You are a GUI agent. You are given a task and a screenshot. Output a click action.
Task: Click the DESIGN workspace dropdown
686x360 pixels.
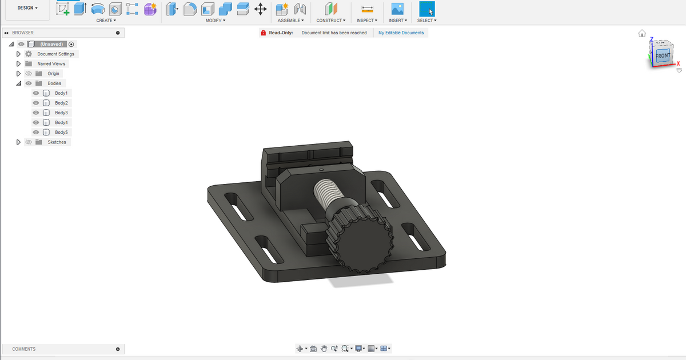[27, 8]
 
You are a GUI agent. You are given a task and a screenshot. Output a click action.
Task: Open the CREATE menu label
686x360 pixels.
[106, 21]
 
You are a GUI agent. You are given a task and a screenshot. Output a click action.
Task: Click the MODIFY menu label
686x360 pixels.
[216, 21]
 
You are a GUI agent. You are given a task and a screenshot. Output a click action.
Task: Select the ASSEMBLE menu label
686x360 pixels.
[290, 21]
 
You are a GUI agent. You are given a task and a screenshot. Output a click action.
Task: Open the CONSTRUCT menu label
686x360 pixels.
[330, 21]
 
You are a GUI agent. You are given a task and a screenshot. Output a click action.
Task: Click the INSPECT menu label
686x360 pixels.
[366, 21]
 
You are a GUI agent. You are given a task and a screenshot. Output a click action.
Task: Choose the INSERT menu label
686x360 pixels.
[397, 21]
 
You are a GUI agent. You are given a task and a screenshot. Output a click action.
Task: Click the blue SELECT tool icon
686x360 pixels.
[426, 9]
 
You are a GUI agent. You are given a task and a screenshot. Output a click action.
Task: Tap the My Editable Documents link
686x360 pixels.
[401, 33]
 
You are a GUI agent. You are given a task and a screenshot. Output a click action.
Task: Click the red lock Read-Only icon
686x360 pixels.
[263, 33]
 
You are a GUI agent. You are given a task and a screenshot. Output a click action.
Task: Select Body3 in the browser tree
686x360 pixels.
[61, 113]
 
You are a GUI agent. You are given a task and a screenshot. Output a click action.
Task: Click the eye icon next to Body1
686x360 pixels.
[36, 93]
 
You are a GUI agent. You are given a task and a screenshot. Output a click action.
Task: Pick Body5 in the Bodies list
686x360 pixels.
[61, 132]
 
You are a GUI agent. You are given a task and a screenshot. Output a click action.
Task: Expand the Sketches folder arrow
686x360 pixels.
[19, 142]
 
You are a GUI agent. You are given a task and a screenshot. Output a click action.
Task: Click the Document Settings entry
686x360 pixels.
[55, 54]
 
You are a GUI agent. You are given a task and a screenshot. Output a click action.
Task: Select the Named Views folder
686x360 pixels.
[51, 63]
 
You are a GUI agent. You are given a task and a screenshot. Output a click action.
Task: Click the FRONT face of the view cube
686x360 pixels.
[662, 56]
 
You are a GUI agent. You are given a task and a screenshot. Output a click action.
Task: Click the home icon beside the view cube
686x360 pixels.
[642, 33]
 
